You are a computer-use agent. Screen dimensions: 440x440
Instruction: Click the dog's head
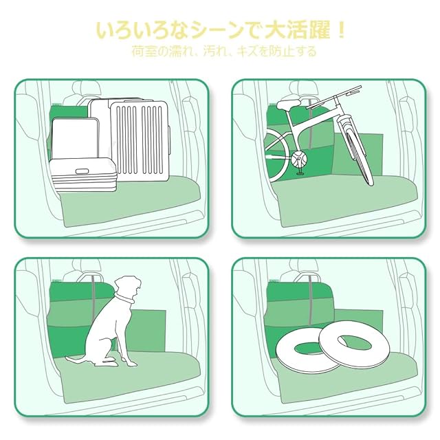(129, 286)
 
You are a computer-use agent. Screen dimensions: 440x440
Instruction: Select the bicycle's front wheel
(355, 151)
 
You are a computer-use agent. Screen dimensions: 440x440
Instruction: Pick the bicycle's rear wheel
(276, 155)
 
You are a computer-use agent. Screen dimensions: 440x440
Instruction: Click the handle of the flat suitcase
(82, 171)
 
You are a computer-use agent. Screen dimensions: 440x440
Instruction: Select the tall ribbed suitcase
(139, 142)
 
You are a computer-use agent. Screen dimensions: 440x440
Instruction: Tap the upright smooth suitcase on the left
(75, 139)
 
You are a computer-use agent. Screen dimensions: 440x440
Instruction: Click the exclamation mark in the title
(341, 30)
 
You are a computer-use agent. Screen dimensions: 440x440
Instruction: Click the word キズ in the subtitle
(247, 52)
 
